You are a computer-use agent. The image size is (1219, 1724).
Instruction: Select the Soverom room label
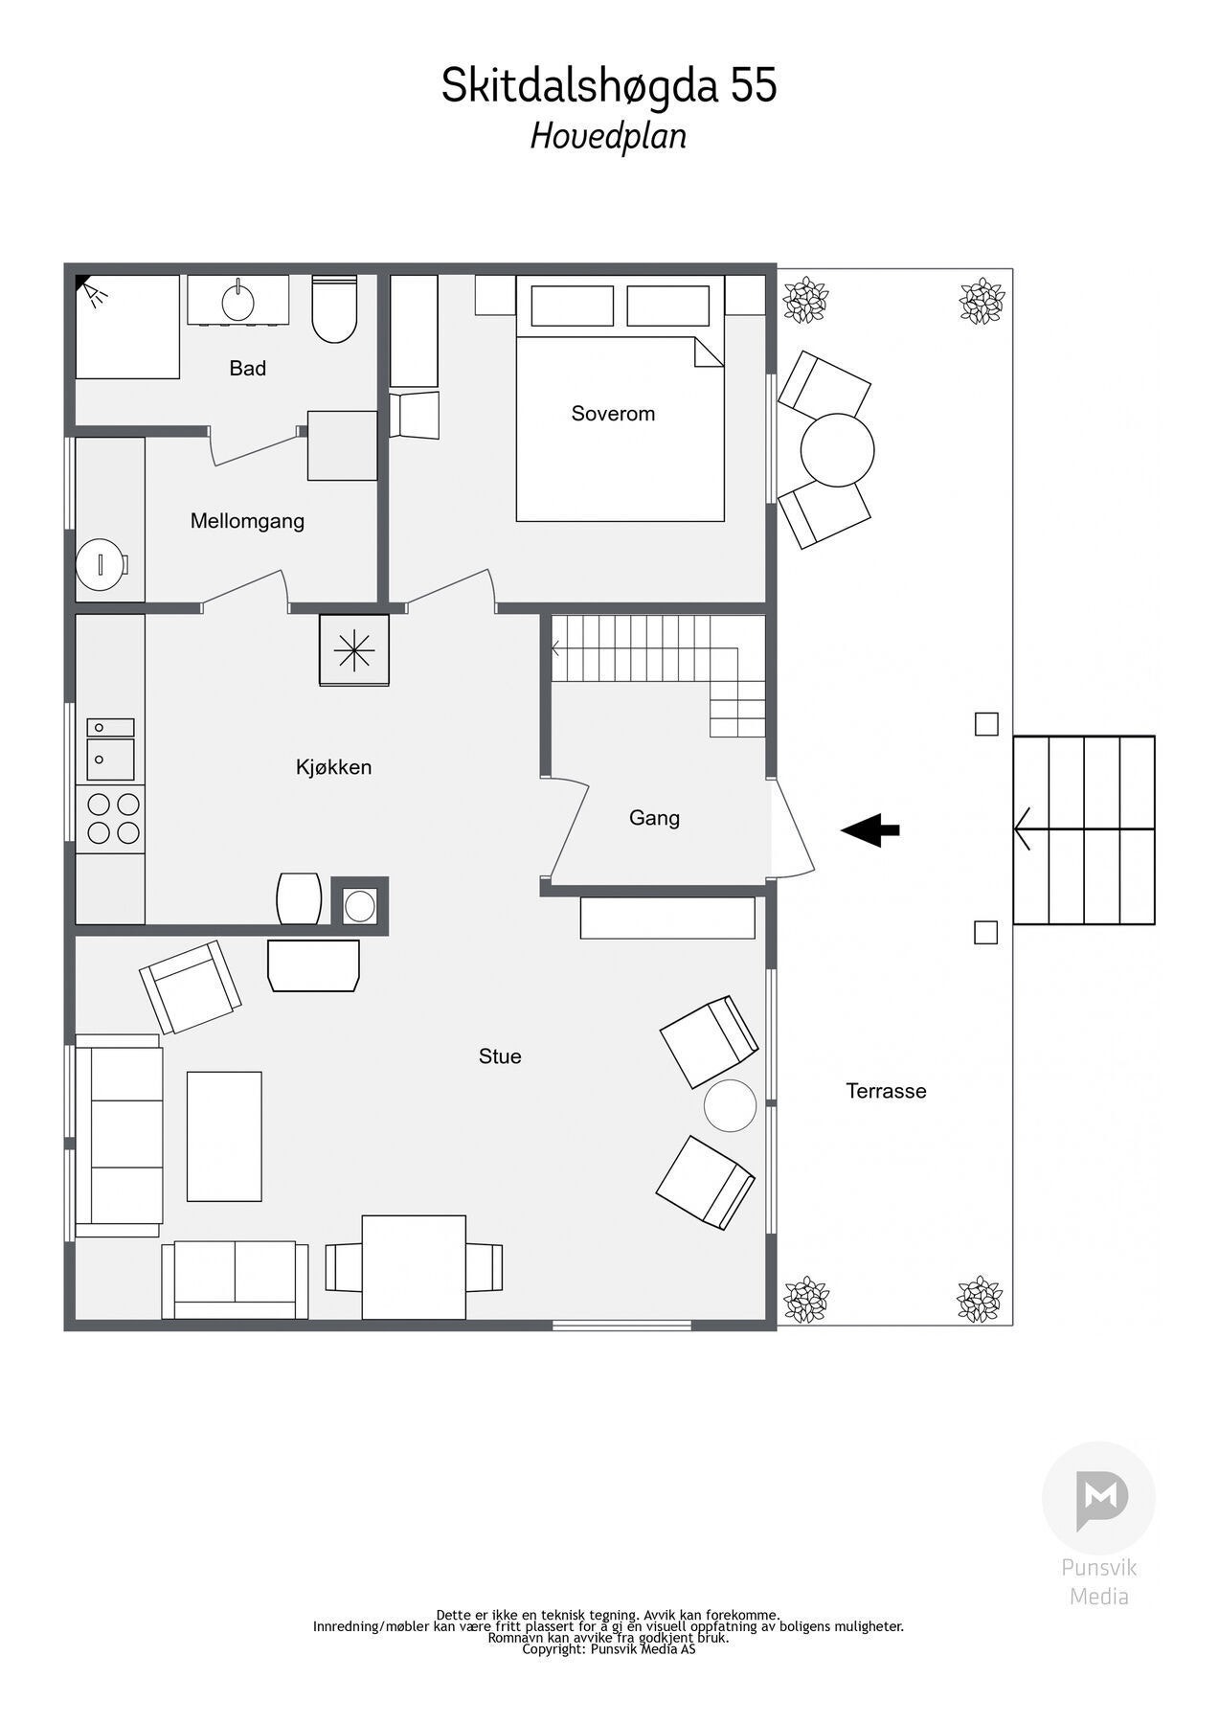click(x=613, y=414)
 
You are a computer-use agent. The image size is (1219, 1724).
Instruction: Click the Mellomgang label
click(x=247, y=521)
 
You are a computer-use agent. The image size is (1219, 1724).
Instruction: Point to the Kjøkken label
click(x=333, y=767)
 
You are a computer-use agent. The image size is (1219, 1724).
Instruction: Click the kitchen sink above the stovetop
click(x=111, y=751)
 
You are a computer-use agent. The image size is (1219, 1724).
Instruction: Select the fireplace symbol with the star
click(x=354, y=650)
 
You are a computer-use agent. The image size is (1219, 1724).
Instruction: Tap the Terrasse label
click(x=886, y=1091)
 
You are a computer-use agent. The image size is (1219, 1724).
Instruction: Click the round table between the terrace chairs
click(x=837, y=450)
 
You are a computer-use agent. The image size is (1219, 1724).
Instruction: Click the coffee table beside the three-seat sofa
click(x=224, y=1136)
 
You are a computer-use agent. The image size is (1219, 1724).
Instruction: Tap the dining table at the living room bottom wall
click(x=414, y=1266)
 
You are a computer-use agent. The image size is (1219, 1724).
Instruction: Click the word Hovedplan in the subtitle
click(x=609, y=136)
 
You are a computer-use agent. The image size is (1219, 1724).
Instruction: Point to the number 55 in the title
click(x=755, y=86)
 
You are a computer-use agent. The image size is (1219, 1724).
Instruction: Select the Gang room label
click(x=654, y=818)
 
